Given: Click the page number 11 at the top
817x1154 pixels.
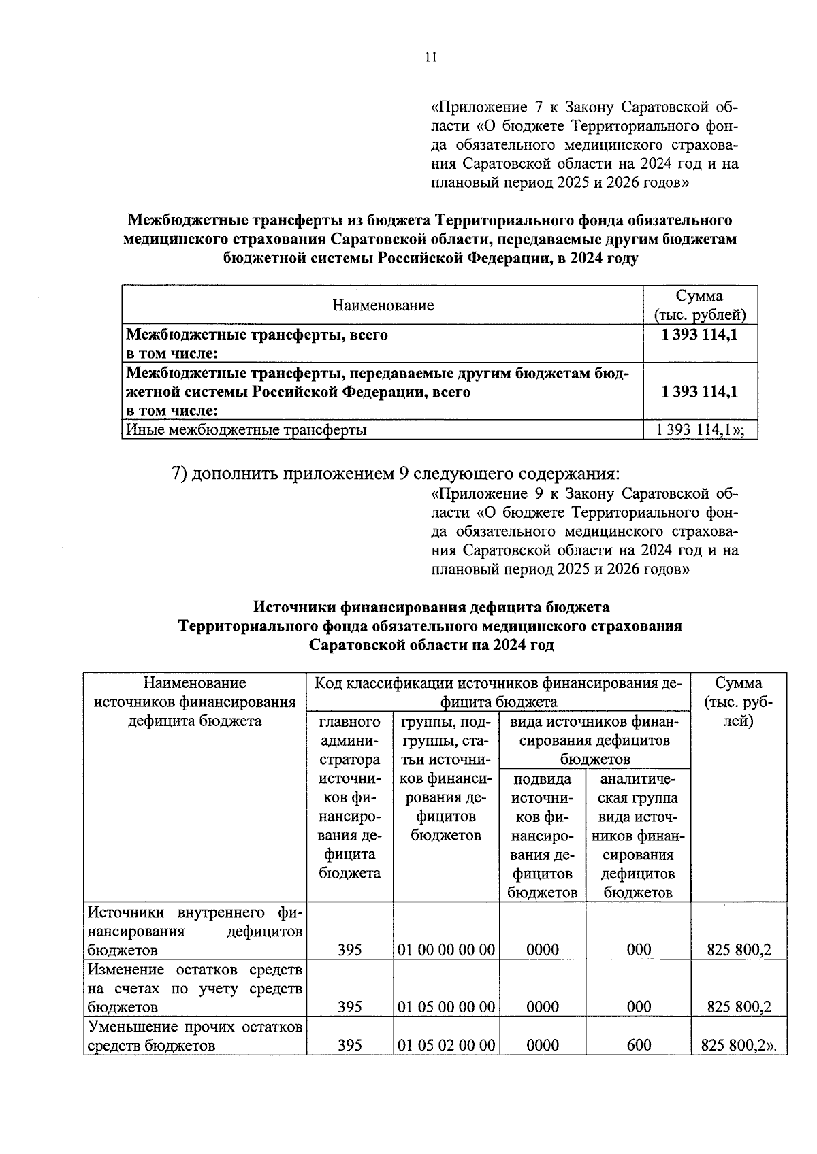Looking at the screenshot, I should coord(430,58).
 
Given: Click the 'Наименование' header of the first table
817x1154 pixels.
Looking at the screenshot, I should coord(383,305).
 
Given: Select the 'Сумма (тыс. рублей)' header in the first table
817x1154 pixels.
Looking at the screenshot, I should coord(699,305).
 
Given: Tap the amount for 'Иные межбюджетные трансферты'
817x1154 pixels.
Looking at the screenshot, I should coord(699,429).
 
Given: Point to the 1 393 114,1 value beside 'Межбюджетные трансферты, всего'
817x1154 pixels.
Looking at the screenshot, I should coord(699,335).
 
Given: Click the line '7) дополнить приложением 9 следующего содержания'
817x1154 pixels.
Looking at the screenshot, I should coord(396,472).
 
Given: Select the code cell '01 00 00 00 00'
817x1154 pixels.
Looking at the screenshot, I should coord(446,949).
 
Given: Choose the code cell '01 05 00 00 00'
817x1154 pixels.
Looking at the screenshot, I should coord(446,1006).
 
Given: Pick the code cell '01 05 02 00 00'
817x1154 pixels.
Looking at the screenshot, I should coord(446,1045).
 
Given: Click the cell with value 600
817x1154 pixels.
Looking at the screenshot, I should coord(638,1045).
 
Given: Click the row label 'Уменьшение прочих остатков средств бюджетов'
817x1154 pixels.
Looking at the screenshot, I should coord(195,1036).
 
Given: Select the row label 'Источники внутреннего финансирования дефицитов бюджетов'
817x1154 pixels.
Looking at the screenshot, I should coord(195,930).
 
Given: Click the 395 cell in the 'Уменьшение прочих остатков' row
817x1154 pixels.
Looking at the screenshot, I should coord(349,1045).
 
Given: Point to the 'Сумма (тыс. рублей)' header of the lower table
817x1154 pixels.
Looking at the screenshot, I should coord(739,702).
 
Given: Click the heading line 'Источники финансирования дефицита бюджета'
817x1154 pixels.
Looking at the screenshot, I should coord(431,606).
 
